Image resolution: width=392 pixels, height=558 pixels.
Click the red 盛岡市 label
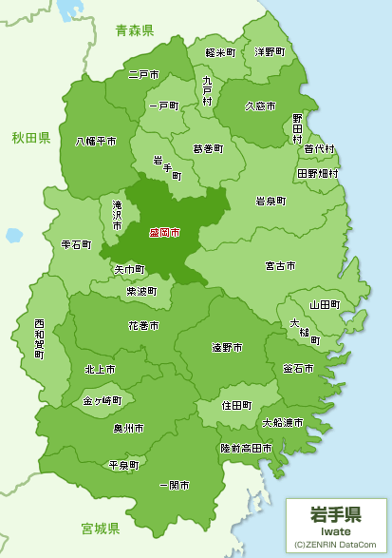[164, 232]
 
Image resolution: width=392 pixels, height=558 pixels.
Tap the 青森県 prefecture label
[134, 31]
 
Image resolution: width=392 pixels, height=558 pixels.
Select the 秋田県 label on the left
[31, 139]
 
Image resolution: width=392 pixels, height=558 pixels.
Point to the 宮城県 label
[100, 528]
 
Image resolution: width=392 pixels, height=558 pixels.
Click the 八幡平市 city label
[96, 141]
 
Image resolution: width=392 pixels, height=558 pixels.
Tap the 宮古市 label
[280, 264]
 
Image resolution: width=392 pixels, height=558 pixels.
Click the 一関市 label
[175, 485]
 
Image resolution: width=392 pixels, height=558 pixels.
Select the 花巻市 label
[144, 325]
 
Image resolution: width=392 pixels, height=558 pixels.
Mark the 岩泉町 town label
[271, 201]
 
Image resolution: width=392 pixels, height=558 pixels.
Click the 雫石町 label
[76, 244]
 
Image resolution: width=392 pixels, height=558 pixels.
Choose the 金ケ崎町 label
[103, 401]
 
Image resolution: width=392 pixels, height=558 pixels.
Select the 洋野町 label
[269, 51]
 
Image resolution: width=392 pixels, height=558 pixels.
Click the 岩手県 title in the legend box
[335, 514]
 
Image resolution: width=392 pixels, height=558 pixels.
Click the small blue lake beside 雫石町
[13, 235]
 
